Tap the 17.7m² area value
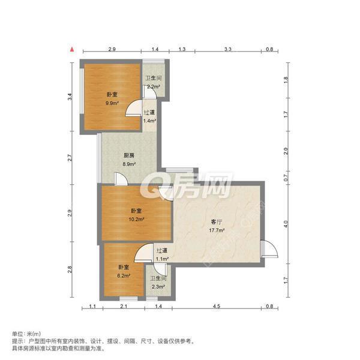point(217,230)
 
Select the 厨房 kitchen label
point(129,155)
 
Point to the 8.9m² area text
point(129,163)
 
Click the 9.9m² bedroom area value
point(112,103)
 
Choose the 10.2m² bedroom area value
point(136,219)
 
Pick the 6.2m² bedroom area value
point(122,275)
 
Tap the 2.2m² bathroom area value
point(154,86)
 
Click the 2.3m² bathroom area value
point(158,287)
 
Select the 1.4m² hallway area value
point(149,121)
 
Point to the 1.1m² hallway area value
point(161,259)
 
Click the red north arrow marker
point(72,50)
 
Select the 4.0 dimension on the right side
point(286,224)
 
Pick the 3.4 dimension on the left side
point(70,96)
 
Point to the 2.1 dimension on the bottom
point(123,307)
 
